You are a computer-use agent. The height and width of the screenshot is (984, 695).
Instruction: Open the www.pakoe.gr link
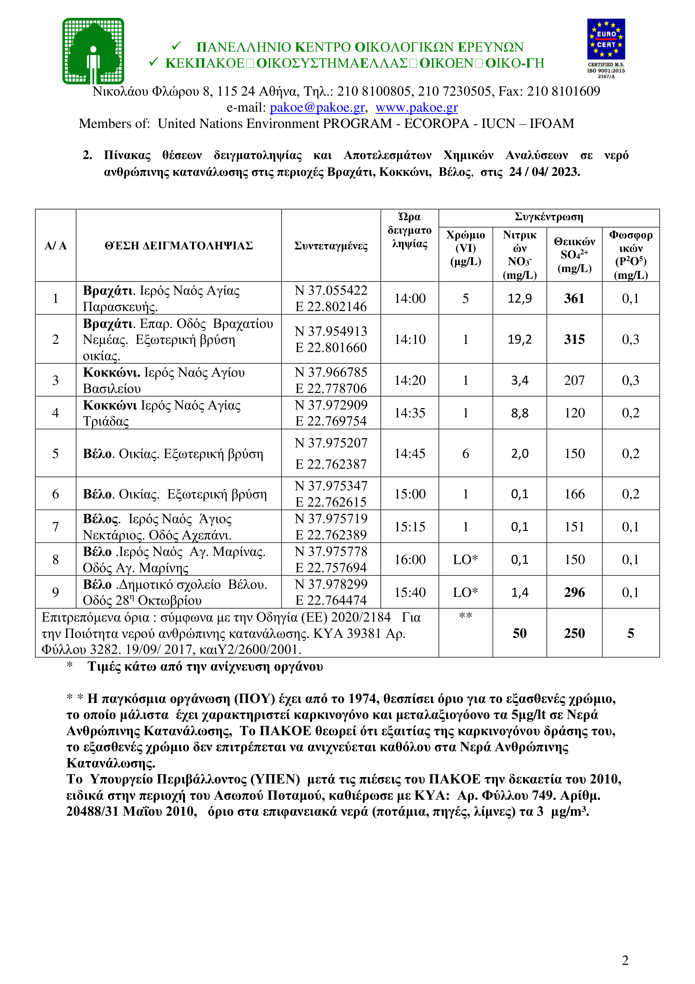click(416, 107)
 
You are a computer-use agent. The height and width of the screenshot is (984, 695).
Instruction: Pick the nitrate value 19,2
click(519, 339)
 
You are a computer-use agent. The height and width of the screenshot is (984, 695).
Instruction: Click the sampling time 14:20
click(410, 380)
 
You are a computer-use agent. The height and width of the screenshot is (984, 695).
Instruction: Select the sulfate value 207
click(574, 380)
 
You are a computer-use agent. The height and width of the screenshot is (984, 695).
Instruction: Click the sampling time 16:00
click(410, 559)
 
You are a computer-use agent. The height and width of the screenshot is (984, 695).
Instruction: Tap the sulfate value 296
click(574, 592)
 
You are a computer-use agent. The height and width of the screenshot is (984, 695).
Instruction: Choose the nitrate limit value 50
click(519, 633)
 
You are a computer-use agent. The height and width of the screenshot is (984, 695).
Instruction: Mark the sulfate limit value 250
click(574, 633)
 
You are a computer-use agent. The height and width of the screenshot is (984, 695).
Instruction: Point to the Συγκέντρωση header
click(549, 217)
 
